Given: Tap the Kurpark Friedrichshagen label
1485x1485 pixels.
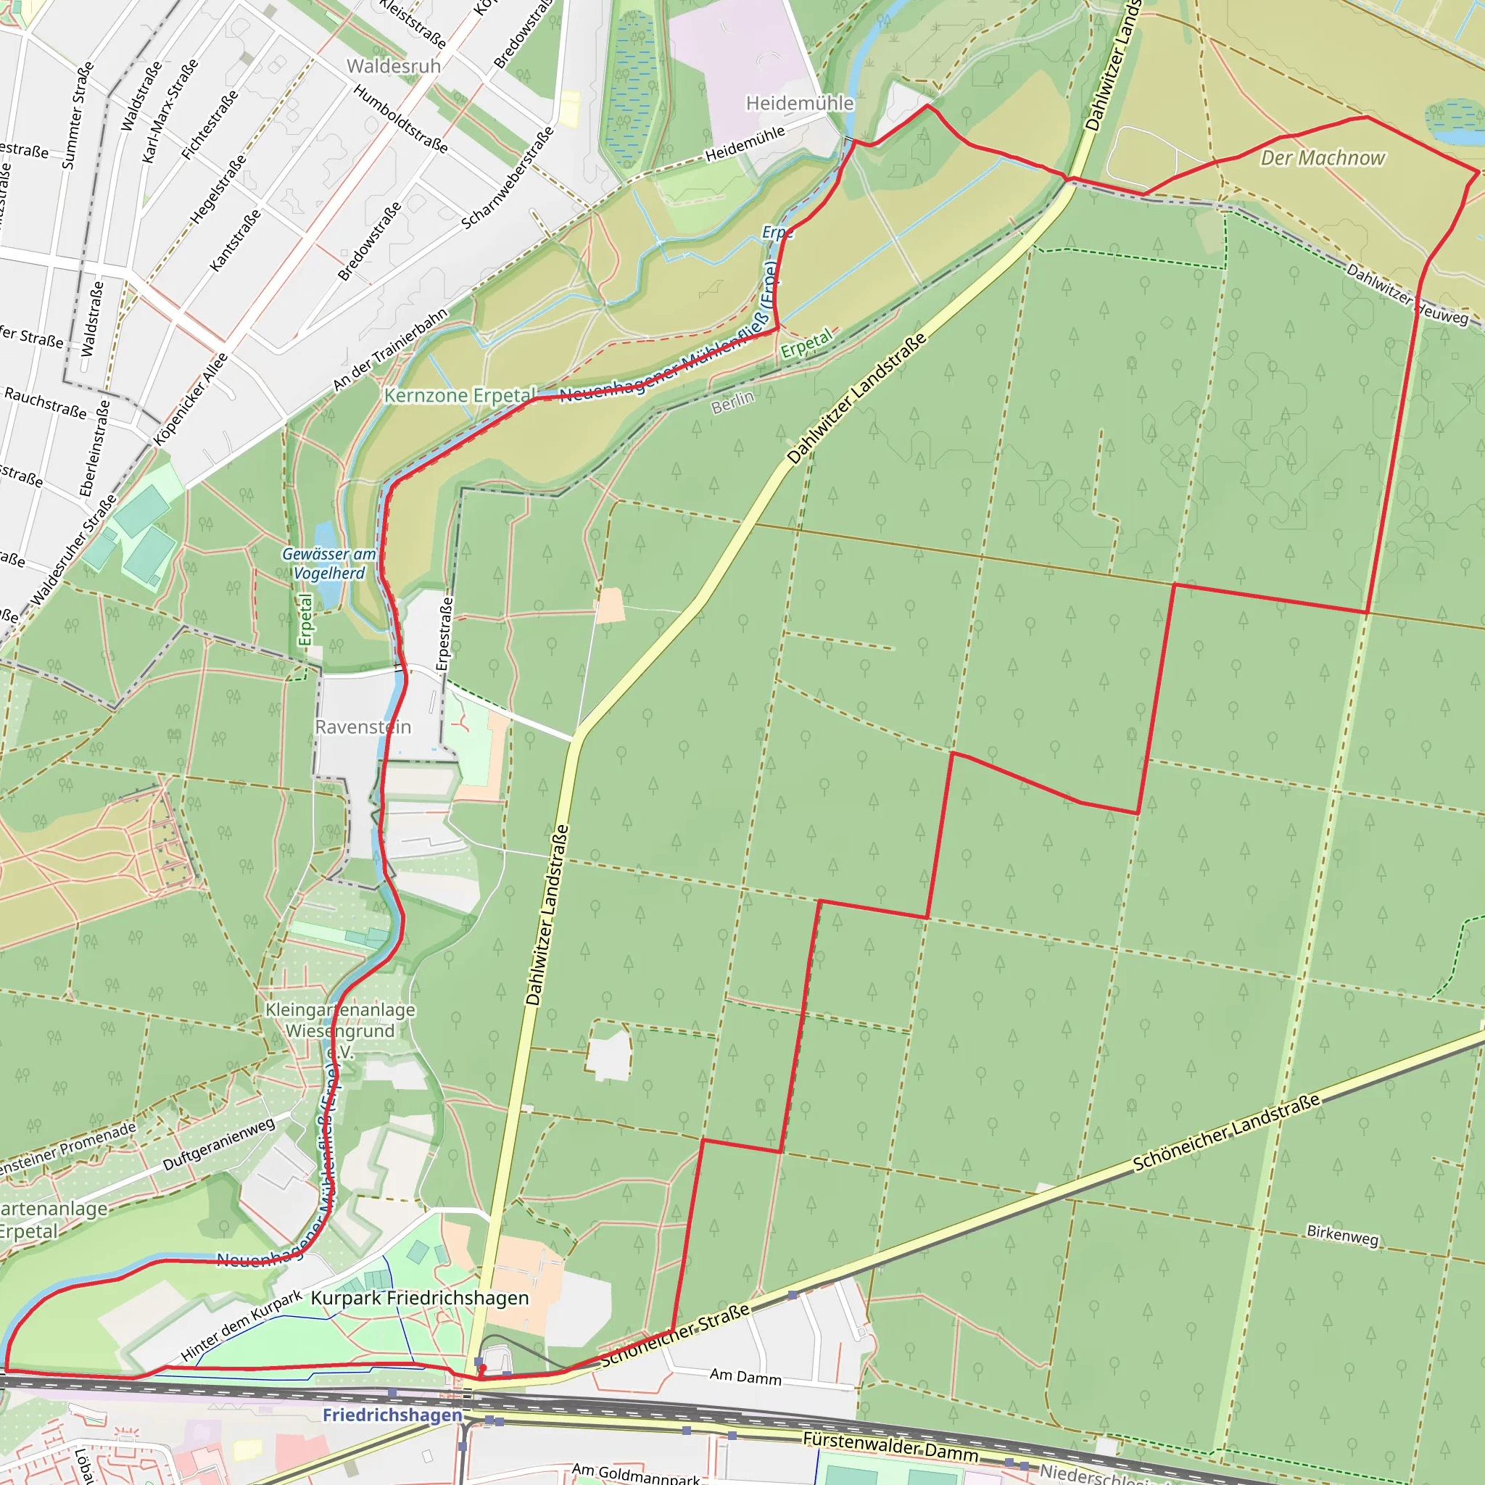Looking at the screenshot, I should point(420,1298).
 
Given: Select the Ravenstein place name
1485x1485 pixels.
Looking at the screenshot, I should point(363,727).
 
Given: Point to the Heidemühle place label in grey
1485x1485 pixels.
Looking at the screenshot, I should point(799,103).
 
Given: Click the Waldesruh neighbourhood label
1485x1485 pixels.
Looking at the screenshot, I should point(394,66).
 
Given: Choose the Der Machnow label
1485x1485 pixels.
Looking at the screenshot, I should point(1322,158).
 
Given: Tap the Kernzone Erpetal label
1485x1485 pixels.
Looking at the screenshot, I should point(460,396).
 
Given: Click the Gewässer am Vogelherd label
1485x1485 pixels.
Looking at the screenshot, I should point(329,563).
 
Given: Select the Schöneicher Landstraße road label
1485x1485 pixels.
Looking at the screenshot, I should point(1227,1132).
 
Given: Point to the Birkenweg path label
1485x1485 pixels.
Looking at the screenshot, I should point(1342,1235).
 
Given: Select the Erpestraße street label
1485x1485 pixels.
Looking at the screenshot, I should point(444,634).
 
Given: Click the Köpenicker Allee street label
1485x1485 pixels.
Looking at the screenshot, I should point(191,400).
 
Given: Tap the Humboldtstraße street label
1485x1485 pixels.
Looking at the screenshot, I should point(400,119).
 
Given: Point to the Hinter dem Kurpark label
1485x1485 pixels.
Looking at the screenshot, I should point(241,1326).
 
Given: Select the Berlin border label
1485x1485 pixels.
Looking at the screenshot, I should point(732,401).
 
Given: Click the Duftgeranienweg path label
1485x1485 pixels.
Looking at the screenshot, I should point(218,1144).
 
